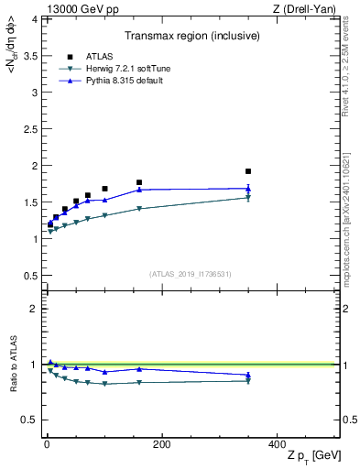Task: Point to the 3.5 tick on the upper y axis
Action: [x=27, y=55]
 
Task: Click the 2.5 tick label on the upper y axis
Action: [x=27, y=128]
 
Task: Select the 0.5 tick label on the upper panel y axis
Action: [x=27, y=276]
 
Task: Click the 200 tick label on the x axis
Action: [x=161, y=444]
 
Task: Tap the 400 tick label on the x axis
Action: [x=277, y=444]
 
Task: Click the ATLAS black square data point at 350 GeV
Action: [x=248, y=171]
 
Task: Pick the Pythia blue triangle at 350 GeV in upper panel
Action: [x=248, y=188]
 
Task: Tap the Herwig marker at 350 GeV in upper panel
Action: [x=248, y=198]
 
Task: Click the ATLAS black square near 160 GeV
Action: [x=139, y=182]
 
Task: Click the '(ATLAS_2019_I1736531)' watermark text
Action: [x=190, y=274]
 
